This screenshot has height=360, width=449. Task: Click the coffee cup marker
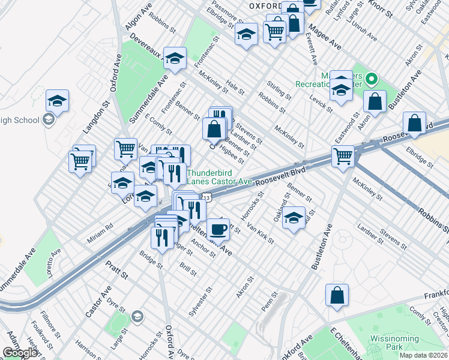click(x=218, y=229)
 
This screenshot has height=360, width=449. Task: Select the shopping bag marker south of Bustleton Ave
click(x=337, y=295)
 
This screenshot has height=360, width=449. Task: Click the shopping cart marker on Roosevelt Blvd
click(x=343, y=157)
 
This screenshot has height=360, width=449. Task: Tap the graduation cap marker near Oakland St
click(x=294, y=217)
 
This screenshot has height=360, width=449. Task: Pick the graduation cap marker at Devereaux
click(x=175, y=58)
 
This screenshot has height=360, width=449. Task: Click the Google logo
click(x=20, y=353)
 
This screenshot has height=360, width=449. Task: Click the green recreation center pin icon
click(x=372, y=79)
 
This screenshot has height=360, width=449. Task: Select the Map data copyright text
click(x=423, y=355)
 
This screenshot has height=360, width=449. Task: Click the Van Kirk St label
click(x=260, y=233)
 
